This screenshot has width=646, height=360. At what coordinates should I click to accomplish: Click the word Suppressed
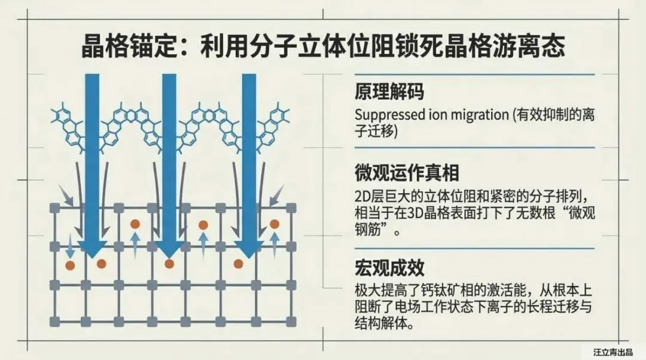click(x=386, y=114)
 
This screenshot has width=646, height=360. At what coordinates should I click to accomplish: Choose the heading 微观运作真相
click(x=406, y=173)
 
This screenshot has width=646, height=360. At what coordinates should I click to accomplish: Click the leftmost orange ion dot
click(x=70, y=264)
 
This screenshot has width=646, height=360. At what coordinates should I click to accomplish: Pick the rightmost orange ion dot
click(x=275, y=224)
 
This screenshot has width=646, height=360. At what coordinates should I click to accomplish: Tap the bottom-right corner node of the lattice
click(x=292, y=322)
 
